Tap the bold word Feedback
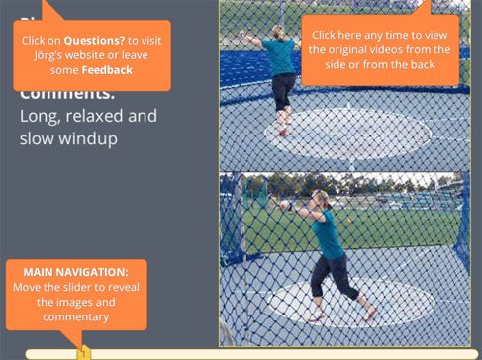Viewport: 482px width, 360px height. click(107, 70)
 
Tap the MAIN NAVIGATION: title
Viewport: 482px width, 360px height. click(76, 271)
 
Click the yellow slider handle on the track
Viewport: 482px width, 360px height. click(84, 350)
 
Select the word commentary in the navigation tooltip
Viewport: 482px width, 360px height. click(76, 316)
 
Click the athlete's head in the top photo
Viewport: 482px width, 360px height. click(277, 34)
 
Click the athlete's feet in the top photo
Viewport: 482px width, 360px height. click(285, 130)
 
